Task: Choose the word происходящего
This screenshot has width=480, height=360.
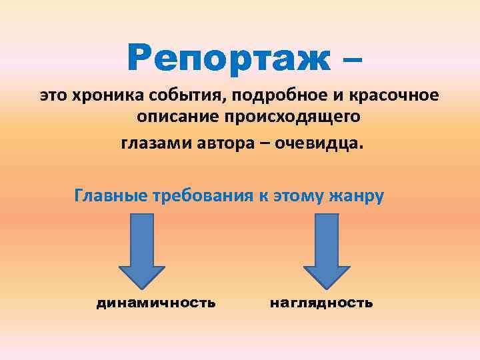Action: [290, 119]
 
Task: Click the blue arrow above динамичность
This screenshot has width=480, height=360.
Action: [141, 249]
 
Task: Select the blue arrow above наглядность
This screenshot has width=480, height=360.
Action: [326, 249]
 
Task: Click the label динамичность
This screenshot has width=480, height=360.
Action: [156, 303]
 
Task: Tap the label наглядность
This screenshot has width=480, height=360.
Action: [321, 303]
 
